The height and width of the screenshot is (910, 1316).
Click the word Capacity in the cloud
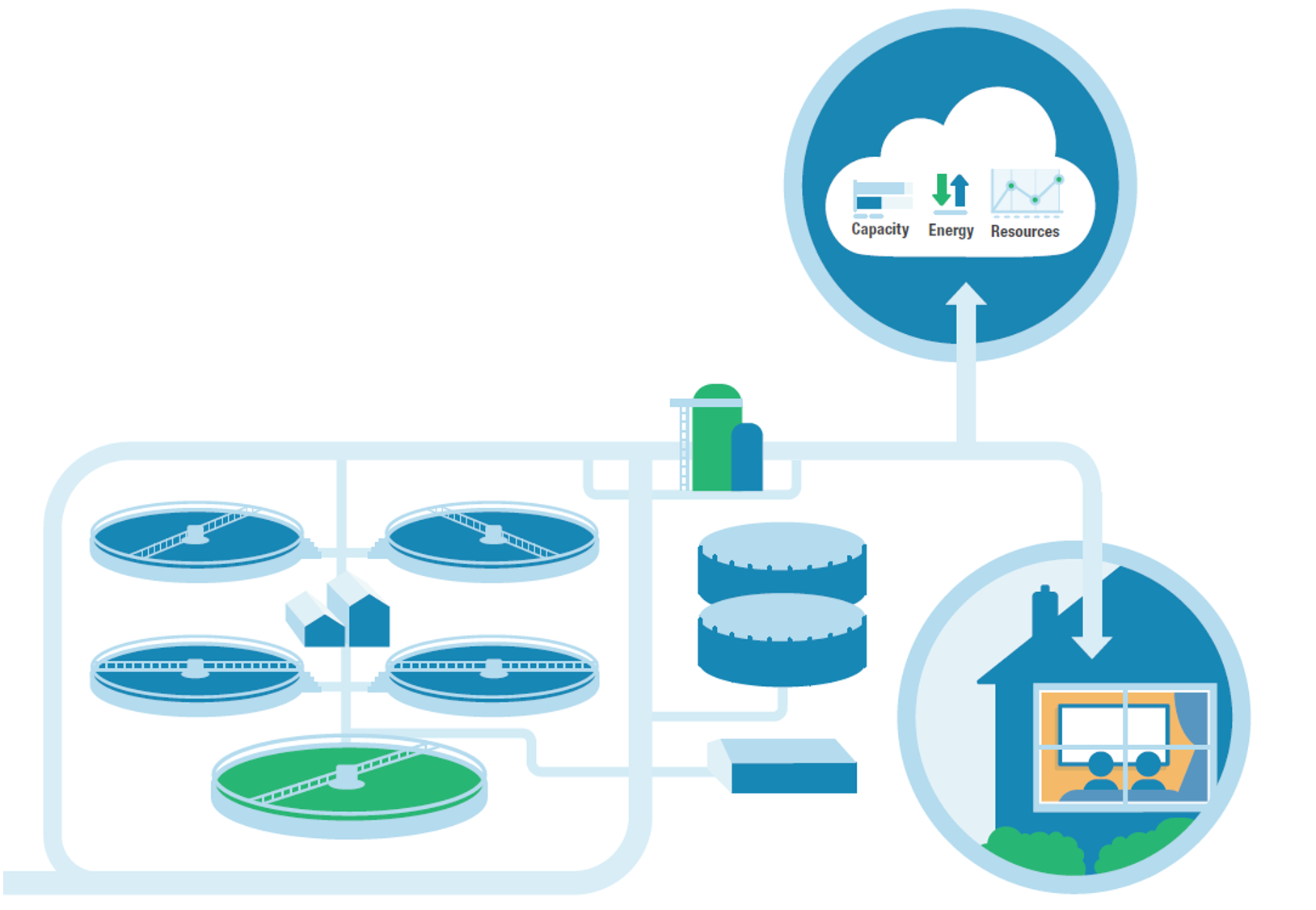(x=880, y=230)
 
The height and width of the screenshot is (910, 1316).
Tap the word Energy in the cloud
(x=951, y=231)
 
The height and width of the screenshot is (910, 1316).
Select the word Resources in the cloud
(x=1025, y=231)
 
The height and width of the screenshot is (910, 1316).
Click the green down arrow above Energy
(x=941, y=190)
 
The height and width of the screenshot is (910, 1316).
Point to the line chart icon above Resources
(x=1027, y=193)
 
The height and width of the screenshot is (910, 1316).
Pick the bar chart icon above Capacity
(x=882, y=196)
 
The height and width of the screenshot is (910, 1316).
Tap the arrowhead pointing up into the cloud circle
(x=966, y=296)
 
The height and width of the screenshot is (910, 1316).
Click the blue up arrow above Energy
(x=960, y=190)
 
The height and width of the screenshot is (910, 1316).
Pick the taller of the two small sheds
(x=361, y=611)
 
